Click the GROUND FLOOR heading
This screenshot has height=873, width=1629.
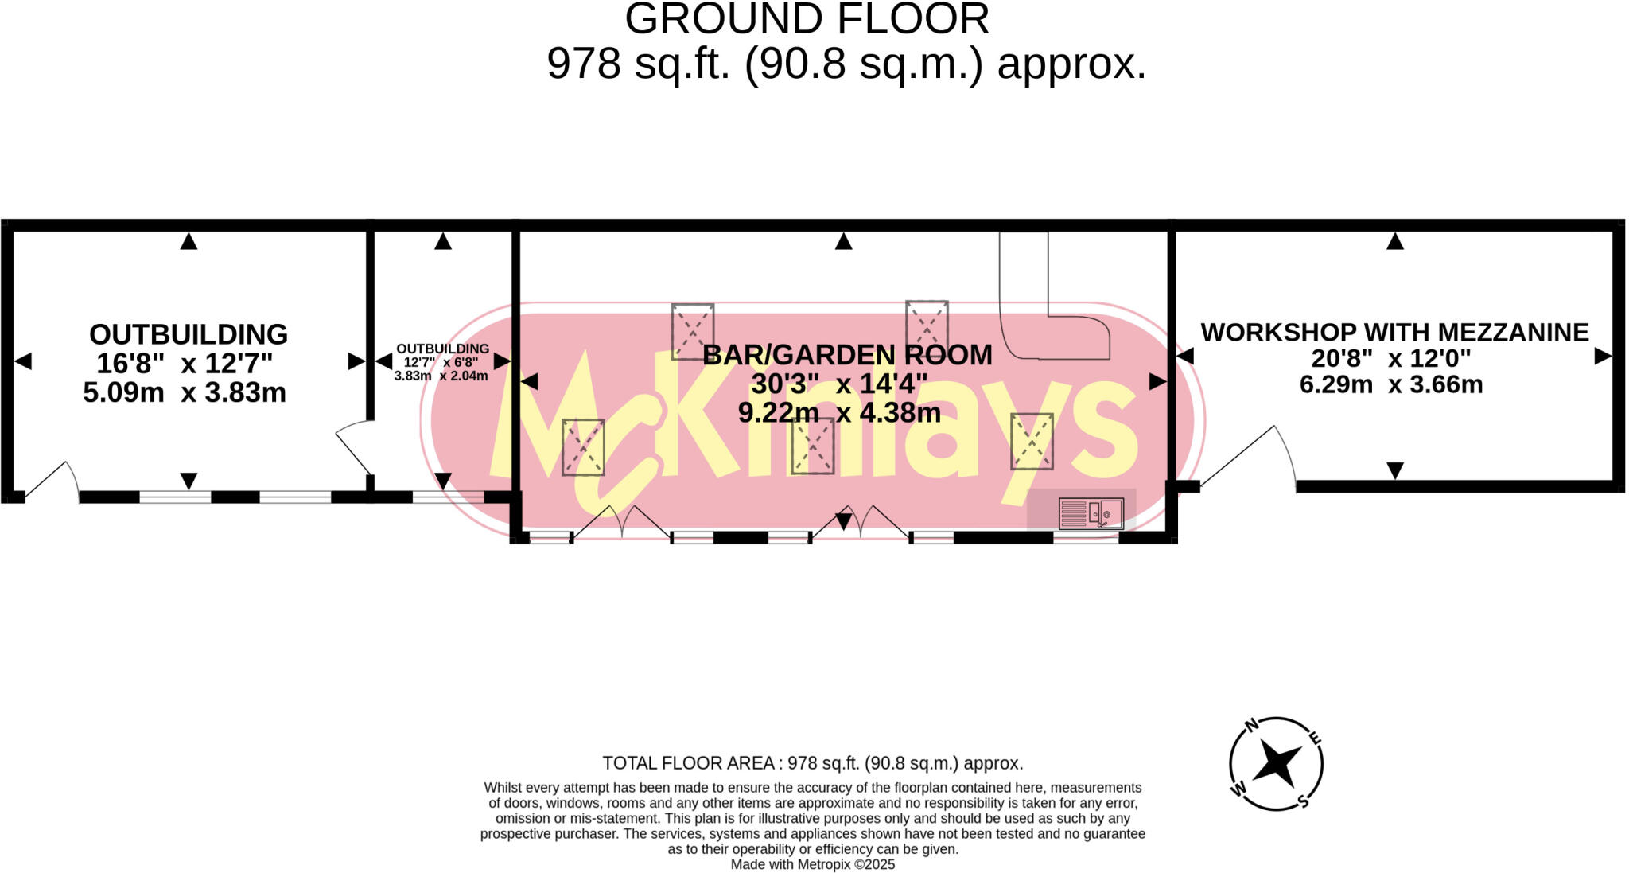tap(807, 19)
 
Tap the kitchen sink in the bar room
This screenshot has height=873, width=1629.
tap(1091, 513)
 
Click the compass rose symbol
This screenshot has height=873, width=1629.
tap(1276, 764)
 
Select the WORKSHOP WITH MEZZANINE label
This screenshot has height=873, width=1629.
tap(1394, 332)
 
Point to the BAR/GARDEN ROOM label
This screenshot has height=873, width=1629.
tap(847, 354)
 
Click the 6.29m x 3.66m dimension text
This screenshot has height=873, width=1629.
tap(1390, 384)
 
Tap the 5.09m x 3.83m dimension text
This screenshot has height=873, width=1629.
tap(185, 392)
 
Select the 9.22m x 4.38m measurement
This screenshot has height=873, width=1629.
tap(839, 412)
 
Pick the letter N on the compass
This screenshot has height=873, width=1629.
tap(1251, 725)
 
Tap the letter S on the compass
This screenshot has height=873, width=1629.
tap(1302, 801)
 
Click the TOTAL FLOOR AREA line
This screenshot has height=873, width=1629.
tap(812, 763)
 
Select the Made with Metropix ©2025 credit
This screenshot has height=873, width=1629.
tap(812, 864)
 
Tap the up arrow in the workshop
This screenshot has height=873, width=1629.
tap(1395, 242)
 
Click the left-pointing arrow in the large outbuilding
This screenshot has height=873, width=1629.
tap(23, 361)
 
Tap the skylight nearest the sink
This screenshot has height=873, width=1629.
tap(1032, 441)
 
